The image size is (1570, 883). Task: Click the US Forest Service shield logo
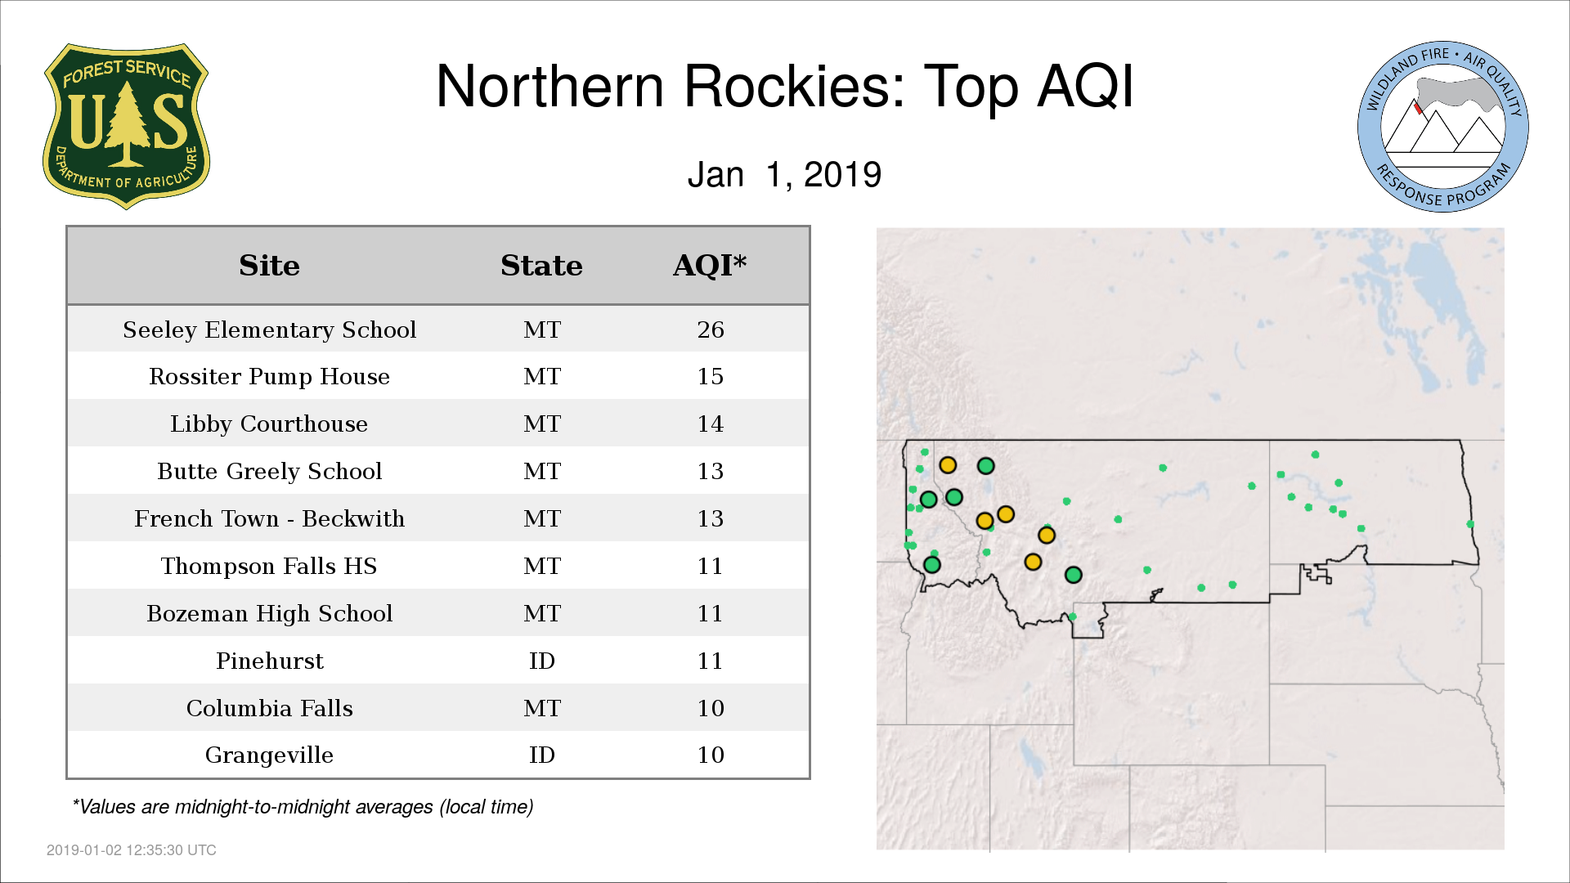point(126,126)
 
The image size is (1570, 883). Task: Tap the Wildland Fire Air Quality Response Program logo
point(1443,127)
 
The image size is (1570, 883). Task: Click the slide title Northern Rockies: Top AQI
point(785,86)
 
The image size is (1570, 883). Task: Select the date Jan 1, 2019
point(784,174)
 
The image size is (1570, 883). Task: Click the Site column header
point(269,266)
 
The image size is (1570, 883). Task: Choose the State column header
point(541,266)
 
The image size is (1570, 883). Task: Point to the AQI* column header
point(710,265)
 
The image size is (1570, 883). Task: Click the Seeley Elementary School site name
point(270,329)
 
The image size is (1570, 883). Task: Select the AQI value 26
point(711,329)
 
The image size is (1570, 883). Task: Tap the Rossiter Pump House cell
point(270,376)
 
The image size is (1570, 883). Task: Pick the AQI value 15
point(711,376)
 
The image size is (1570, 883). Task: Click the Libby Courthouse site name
point(269,424)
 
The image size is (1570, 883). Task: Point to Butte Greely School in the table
point(270,471)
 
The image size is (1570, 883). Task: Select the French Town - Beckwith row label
point(270,518)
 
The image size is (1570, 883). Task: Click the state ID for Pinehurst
point(542,661)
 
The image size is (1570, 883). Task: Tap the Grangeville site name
point(269,755)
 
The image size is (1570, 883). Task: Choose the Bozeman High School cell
point(270,613)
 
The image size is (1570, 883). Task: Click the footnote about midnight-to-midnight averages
point(303,807)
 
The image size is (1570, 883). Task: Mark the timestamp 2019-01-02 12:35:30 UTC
point(132,850)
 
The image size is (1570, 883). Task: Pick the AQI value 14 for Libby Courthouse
point(711,424)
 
